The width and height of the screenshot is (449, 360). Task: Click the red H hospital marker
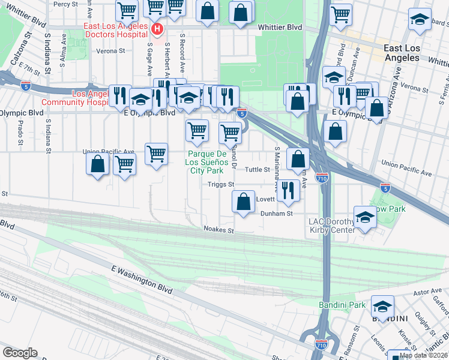tap(157, 29)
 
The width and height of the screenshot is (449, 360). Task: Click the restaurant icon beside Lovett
tap(289, 191)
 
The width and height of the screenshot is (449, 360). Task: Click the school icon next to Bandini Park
tap(382, 307)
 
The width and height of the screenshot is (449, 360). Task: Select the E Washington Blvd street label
tap(142, 280)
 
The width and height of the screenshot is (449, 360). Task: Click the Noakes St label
tap(218, 229)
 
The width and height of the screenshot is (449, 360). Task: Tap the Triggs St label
tap(220, 185)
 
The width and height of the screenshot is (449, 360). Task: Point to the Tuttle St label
tap(256, 170)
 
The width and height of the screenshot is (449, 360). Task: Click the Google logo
tap(20, 353)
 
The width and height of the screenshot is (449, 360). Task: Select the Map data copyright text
tap(423, 355)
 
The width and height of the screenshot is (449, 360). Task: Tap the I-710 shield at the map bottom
tap(322, 344)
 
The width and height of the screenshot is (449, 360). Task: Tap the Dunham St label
tap(276, 213)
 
